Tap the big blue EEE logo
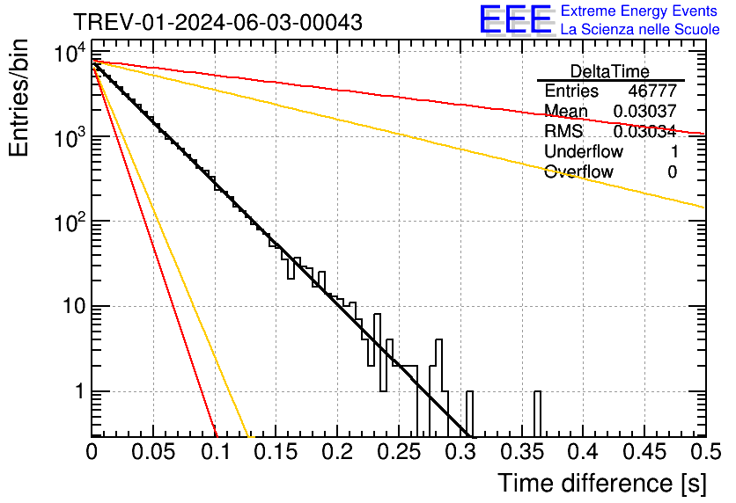(x=515, y=20)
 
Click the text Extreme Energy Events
(x=640, y=11)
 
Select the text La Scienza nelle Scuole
(x=640, y=29)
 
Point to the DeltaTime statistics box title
(x=609, y=71)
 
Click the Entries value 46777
(x=652, y=91)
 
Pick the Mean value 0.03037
(x=644, y=111)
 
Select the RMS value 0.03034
(x=644, y=131)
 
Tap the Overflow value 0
(x=672, y=171)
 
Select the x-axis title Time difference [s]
(x=600, y=483)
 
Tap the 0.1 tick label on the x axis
(x=214, y=453)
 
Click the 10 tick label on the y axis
(x=70, y=307)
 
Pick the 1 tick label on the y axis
(x=77, y=391)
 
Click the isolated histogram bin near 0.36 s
(x=537, y=413)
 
